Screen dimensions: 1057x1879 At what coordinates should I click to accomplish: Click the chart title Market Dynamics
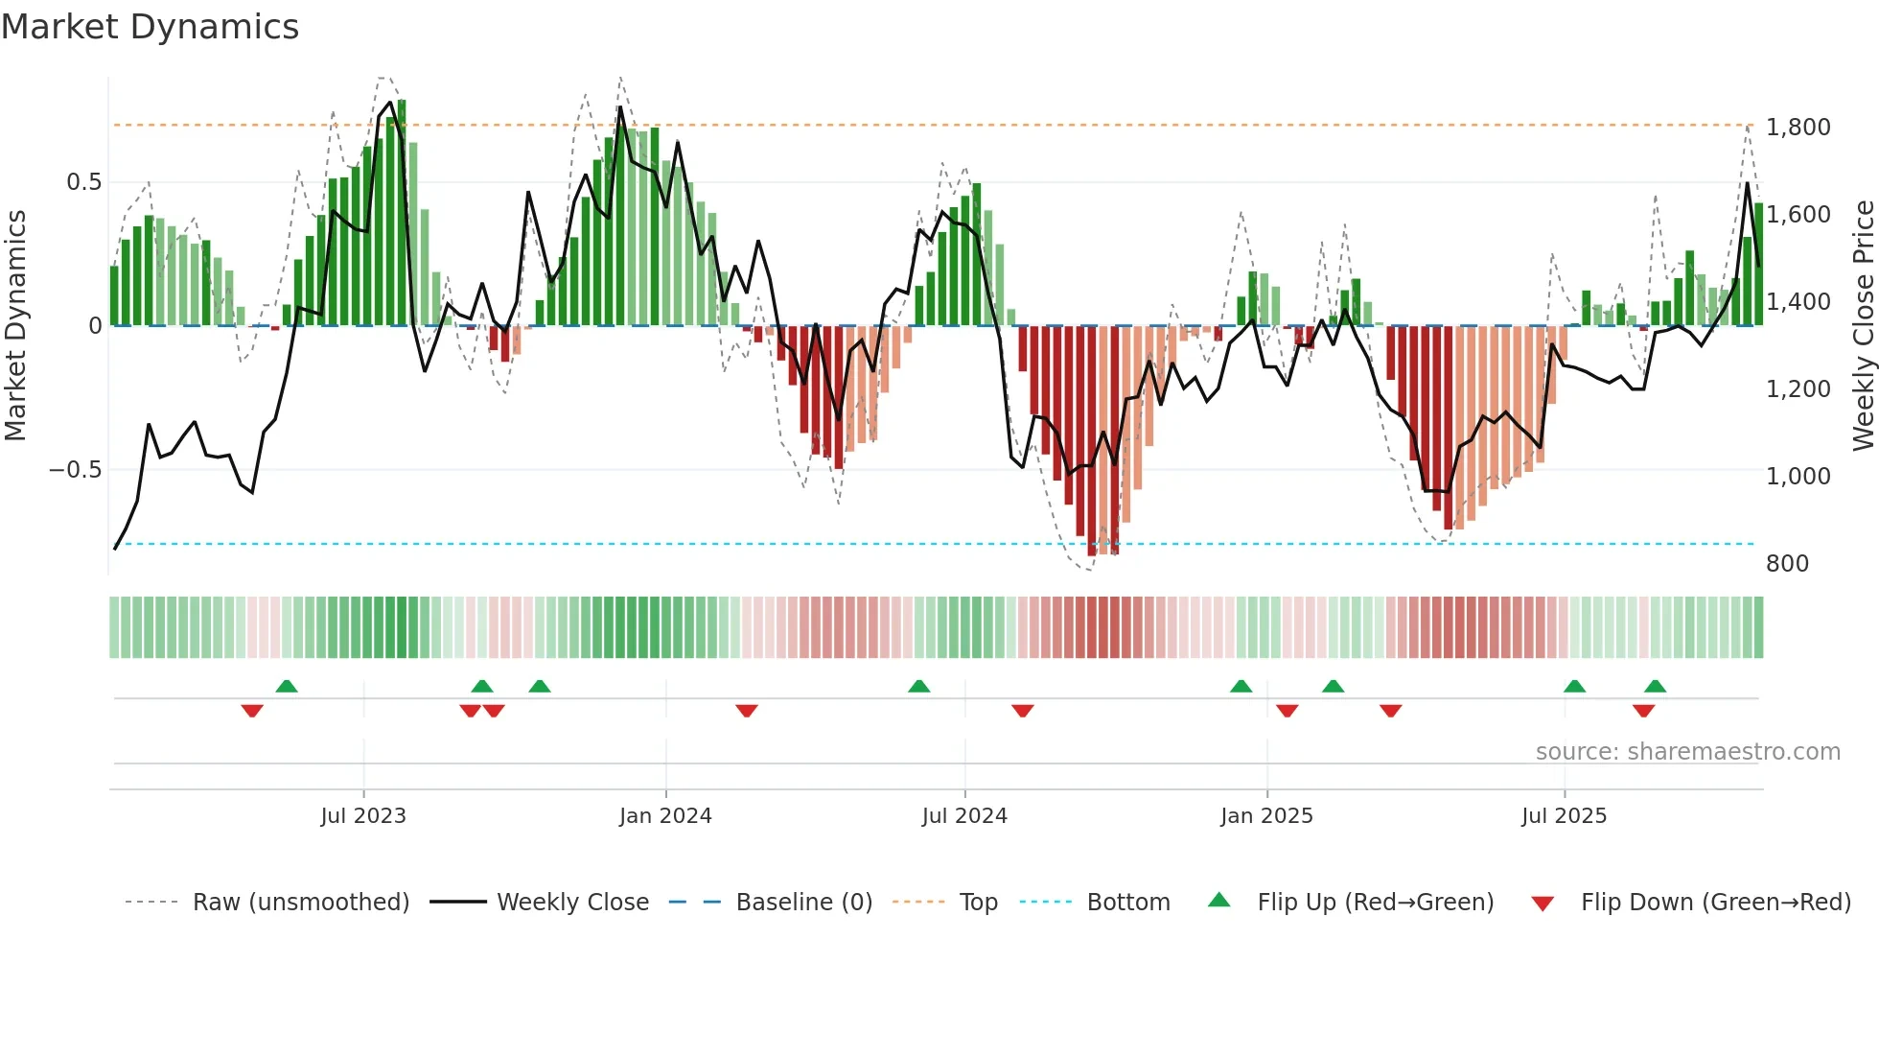pos(150,27)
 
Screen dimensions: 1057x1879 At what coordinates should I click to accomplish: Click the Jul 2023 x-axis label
pos(363,816)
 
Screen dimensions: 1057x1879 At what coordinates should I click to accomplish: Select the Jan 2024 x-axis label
pos(665,816)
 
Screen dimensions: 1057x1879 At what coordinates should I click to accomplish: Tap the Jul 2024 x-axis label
pos(964,816)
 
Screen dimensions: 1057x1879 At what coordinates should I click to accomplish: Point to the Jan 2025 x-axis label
pos(1266,816)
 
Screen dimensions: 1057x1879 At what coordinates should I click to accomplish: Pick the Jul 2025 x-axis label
pos(1564,816)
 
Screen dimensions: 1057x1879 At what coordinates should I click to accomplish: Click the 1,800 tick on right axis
pos(1798,128)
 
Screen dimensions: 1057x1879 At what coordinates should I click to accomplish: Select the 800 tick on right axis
pos(1787,564)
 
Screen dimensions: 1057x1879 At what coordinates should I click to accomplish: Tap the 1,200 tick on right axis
pos(1798,389)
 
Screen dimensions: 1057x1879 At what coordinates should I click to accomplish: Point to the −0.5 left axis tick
pos(75,470)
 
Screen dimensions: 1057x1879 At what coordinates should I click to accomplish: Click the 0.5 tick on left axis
pos(83,182)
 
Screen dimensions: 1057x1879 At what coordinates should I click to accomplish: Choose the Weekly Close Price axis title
pos(1863,326)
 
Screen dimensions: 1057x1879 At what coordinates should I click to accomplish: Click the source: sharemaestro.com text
pos(1687,752)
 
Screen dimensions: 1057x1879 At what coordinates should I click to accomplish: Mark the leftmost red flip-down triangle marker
pos(252,711)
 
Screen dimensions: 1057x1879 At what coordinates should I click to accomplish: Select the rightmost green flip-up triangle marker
pos(1655,686)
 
